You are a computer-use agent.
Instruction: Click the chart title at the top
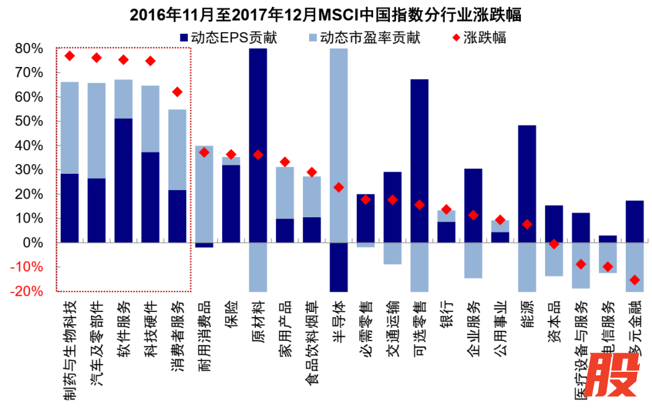326,15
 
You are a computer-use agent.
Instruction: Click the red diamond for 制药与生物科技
69,56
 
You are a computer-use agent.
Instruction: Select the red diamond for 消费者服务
177,92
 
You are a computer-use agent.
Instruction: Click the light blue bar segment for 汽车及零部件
97,130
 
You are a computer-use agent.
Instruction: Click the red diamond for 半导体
339,187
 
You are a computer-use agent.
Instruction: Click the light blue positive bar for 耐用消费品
204,193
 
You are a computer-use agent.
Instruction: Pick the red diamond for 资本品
554,244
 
